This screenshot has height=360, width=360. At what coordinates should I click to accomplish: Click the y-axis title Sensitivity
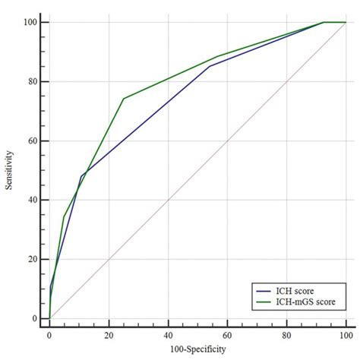point(9,171)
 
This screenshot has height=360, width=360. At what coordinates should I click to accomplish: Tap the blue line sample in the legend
point(266,291)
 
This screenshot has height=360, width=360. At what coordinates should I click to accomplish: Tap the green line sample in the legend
point(266,303)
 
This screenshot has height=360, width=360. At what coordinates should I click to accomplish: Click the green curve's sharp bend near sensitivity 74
point(123,99)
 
